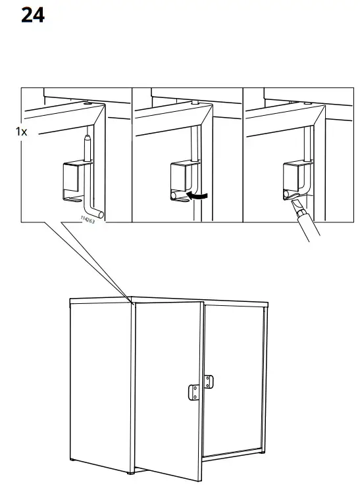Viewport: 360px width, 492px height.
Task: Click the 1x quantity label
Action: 21,132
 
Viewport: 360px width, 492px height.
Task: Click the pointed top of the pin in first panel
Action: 86,139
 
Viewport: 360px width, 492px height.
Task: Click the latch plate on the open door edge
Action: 194,393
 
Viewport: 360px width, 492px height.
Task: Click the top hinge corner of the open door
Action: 133,303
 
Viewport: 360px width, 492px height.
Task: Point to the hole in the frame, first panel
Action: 88,103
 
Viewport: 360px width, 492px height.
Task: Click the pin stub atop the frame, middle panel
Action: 196,103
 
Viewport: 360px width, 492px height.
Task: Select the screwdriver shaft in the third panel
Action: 307,226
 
